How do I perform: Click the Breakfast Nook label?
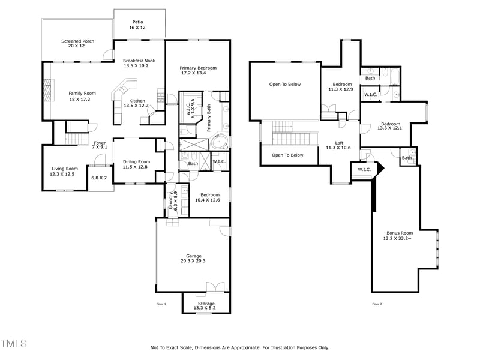tap(136, 61)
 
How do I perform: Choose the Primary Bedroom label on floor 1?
tap(197, 68)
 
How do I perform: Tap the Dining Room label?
tap(136, 161)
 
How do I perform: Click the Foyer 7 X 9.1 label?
tap(99, 143)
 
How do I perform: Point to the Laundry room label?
tap(170, 199)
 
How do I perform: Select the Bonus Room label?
tap(400, 233)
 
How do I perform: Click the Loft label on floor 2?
tap(338, 143)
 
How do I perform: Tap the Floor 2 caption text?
tap(377, 304)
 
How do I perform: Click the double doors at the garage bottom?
tap(214, 286)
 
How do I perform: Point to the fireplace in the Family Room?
tap(46, 92)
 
